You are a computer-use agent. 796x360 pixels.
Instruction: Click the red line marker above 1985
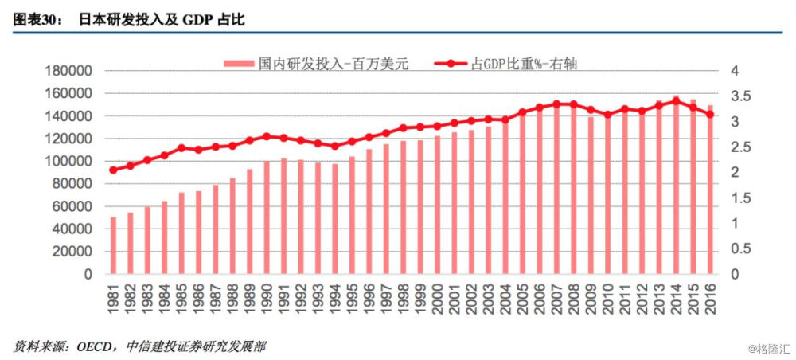point(181,147)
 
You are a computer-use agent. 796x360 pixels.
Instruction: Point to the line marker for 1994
point(335,146)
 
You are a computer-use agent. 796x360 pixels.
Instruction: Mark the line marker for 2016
point(710,115)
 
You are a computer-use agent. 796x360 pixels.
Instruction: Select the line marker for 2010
point(608,115)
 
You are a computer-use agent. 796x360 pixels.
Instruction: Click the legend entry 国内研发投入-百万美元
point(334,64)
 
